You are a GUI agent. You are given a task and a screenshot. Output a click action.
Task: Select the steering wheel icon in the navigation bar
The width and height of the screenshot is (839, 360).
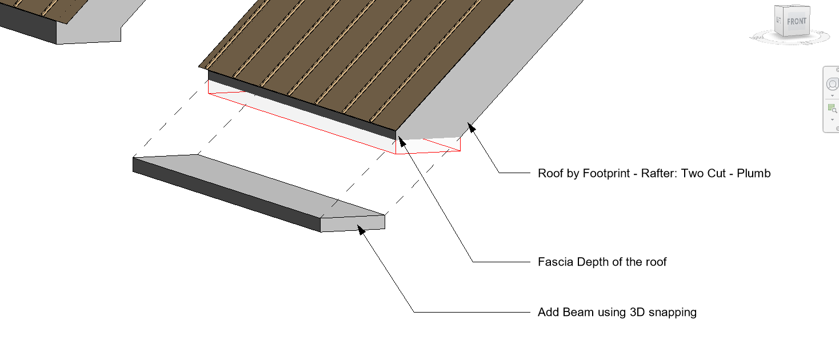point(832,85)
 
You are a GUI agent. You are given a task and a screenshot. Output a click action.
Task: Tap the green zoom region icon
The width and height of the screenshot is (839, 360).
point(832,108)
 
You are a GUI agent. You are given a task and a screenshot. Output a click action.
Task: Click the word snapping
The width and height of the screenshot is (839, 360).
point(672,313)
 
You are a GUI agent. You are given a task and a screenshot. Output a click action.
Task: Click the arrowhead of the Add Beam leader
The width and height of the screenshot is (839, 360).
point(361,229)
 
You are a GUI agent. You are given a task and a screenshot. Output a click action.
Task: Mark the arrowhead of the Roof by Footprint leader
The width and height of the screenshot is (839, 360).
point(471,126)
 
